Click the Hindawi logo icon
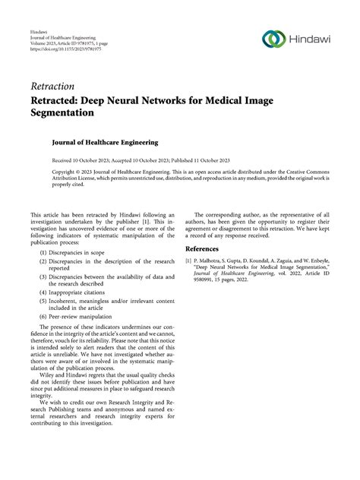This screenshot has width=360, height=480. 273,39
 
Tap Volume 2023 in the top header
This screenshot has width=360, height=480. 44,44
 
